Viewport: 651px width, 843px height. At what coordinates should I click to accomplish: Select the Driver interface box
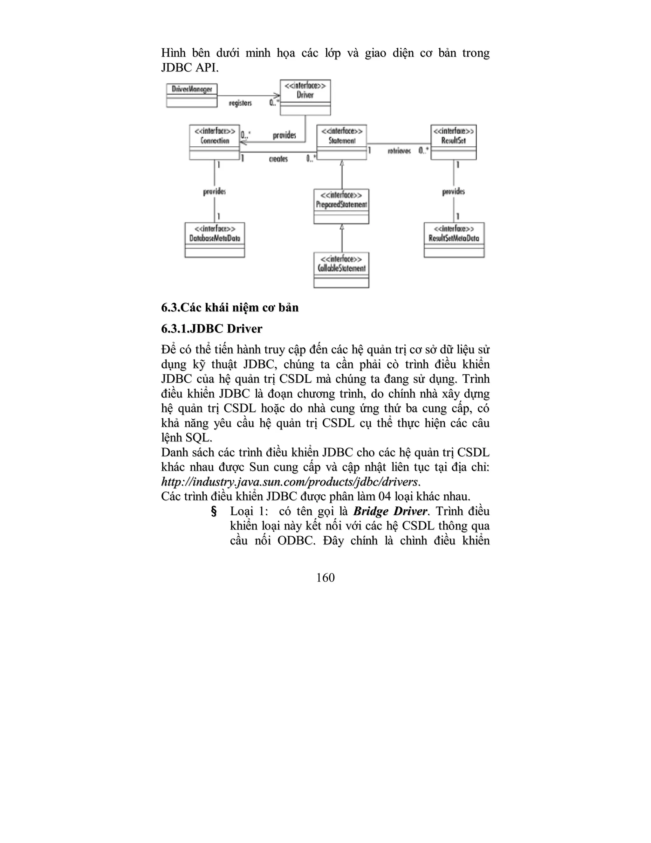click(305, 97)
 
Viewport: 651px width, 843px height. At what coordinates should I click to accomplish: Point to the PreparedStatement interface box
click(341, 206)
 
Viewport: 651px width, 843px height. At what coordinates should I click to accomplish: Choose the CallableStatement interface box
click(341, 270)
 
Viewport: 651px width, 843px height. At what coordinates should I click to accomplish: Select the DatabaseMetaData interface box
click(215, 240)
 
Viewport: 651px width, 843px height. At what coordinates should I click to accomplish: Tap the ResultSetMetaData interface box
click(454, 240)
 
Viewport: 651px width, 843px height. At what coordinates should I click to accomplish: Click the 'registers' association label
click(240, 103)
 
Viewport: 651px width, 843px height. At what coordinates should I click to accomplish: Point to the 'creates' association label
click(278, 159)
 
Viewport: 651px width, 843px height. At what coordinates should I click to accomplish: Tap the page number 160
click(325, 578)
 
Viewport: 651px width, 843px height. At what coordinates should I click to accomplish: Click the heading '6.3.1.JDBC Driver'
click(212, 329)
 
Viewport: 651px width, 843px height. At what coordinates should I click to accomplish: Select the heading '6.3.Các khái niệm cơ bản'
click(230, 308)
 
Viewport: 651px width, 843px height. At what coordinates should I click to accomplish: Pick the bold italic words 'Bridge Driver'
click(390, 512)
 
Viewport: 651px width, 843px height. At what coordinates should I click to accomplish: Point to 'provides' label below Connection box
click(215, 192)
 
